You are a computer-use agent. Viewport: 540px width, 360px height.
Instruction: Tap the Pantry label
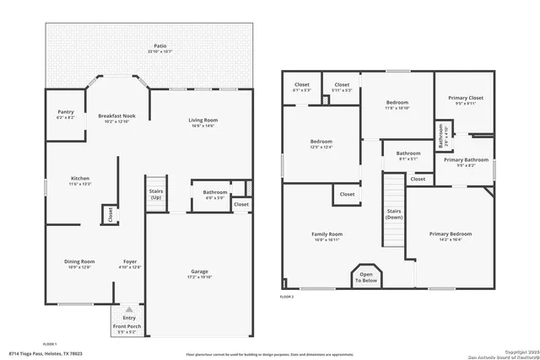point(66,114)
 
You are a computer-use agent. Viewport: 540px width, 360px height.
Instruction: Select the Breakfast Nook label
point(117,118)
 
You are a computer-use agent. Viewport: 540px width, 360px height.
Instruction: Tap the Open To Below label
point(366,277)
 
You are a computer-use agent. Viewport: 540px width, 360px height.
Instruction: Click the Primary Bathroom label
point(466,162)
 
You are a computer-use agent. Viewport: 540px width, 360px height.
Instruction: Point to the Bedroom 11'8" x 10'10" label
point(397,105)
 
